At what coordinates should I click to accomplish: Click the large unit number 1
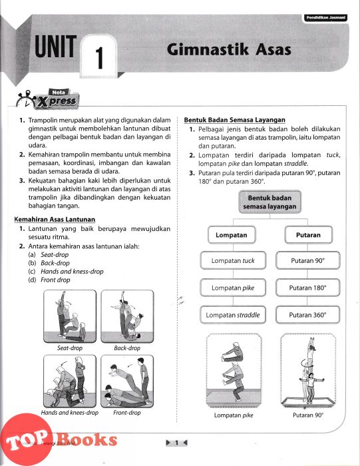[x=99, y=58]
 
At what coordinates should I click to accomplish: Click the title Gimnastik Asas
[x=229, y=49]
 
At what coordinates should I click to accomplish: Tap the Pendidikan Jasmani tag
[x=326, y=18]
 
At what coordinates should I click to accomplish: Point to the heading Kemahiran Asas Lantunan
[x=55, y=219]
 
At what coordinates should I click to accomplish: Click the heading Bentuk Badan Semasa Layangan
[x=235, y=120]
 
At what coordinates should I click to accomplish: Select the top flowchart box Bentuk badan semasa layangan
[x=270, y=202]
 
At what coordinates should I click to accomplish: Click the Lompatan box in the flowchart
[x=232, y=235]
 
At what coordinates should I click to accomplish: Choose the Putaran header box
[x=308, y=235]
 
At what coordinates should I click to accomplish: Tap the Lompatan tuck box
[x=233, y=261]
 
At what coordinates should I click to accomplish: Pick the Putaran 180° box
[x=307, y=288]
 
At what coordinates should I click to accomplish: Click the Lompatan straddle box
[x=233, y=315]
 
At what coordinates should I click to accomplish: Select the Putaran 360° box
[x=307, y=315]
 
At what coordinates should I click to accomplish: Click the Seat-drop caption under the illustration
[x=70, y=348]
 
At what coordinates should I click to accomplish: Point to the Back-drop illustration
[x=127, y=316]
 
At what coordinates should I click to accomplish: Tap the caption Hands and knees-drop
[x=70, y=413]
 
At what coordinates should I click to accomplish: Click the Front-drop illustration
[x=127, y=381]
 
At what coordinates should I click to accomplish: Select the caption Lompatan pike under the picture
[x=234, y=415]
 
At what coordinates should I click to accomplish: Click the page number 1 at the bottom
[x=176, y=443]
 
